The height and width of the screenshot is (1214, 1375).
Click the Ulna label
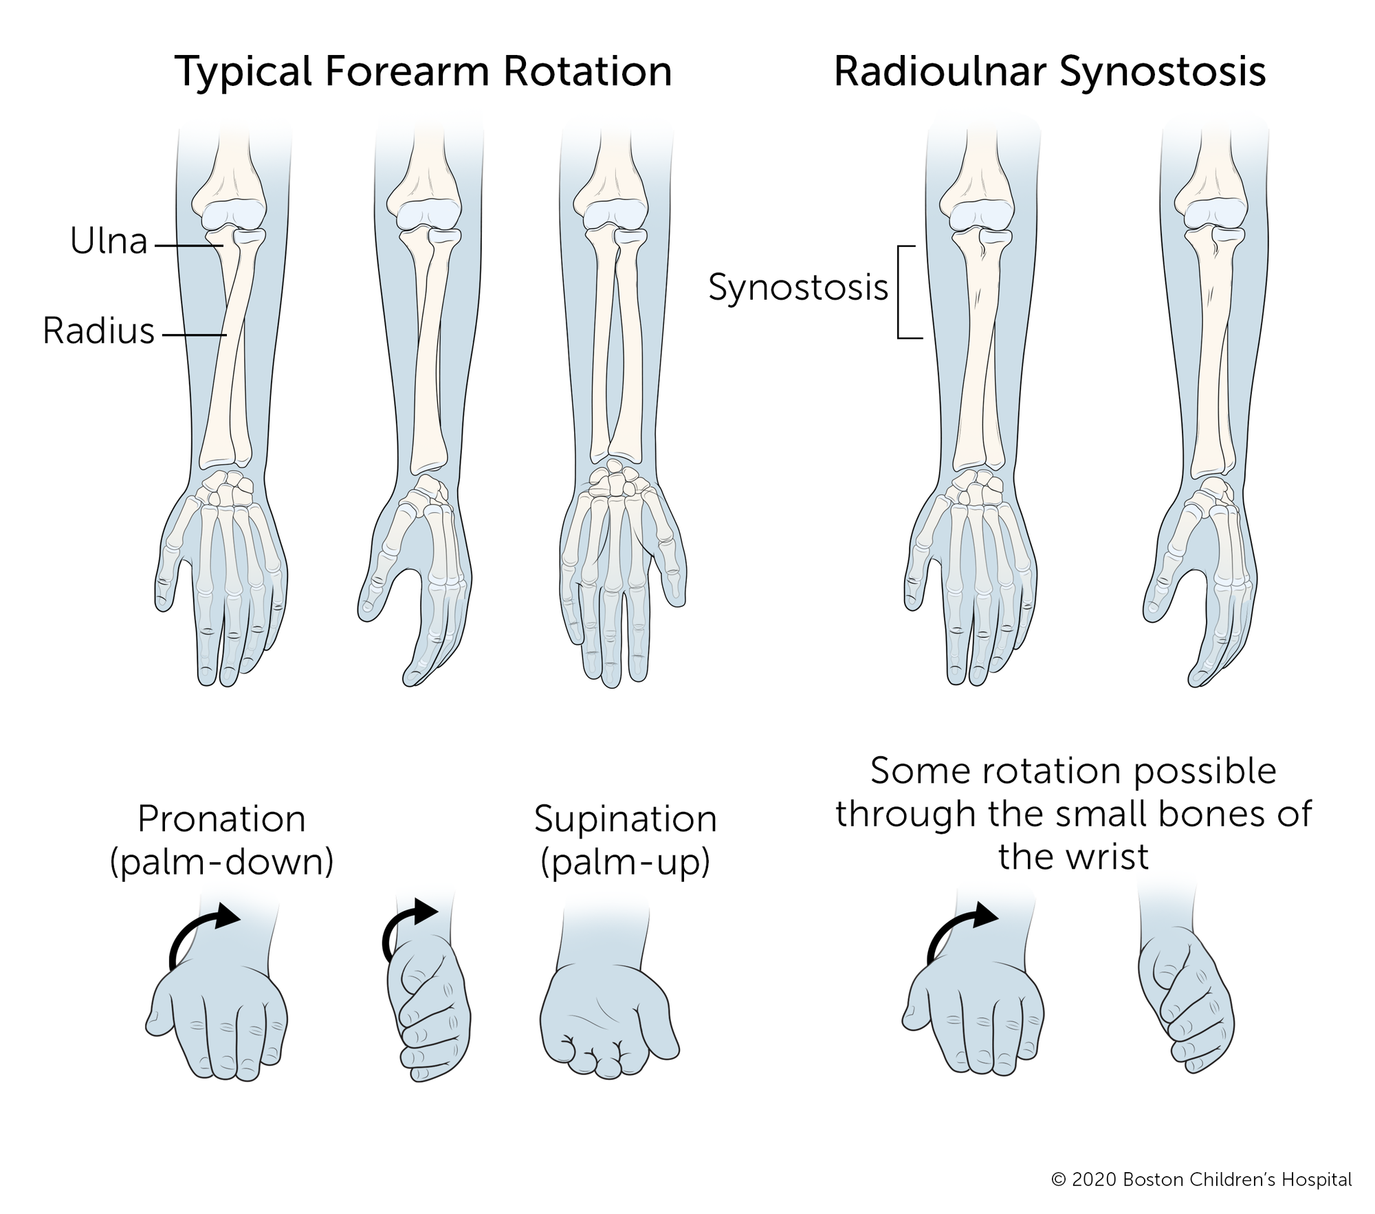(x=109, y=242)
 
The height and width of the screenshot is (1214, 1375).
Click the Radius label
(x=98, y=331)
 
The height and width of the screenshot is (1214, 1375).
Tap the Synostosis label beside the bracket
(x=797, y=287)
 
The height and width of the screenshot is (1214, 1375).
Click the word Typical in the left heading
(x=244, y=72)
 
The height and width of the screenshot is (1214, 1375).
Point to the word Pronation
(x=221, y=819)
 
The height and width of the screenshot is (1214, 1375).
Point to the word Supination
(x=625, y=819)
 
